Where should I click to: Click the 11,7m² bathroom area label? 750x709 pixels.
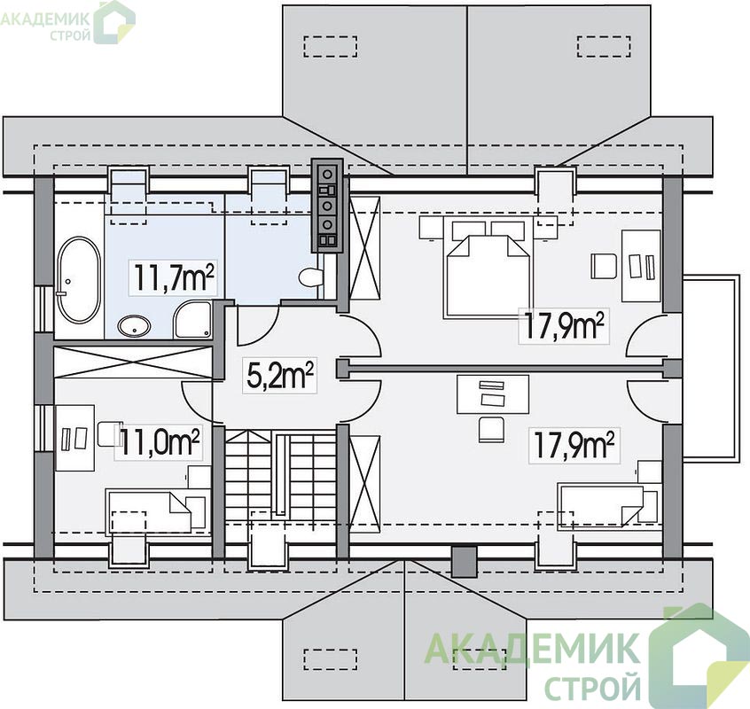point(173,277)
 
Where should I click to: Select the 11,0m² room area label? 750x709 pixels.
point(159,443)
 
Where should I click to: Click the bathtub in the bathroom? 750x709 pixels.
point(79,280)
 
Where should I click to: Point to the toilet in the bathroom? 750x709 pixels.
point(311,277)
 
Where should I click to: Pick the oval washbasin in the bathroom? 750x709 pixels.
point(135,326)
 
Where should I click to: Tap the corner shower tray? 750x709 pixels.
point(192,319)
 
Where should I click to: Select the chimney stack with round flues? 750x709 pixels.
point(327,206)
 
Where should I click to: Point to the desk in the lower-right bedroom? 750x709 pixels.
point(493,394)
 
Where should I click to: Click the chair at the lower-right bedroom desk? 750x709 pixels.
point(491,429)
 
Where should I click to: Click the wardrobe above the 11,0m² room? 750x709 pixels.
point(132,362)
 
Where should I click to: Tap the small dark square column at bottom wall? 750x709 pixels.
point(465,562)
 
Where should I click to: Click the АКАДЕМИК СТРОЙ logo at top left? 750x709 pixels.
point(67,22)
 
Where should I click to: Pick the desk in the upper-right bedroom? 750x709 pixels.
point(641,265)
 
